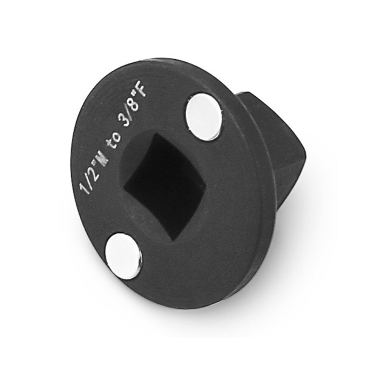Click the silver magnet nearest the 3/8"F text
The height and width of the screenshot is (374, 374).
pyautogui.click(x=204, y=116)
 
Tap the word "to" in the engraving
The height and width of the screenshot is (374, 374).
pyautogui.click(x=114, y=141)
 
